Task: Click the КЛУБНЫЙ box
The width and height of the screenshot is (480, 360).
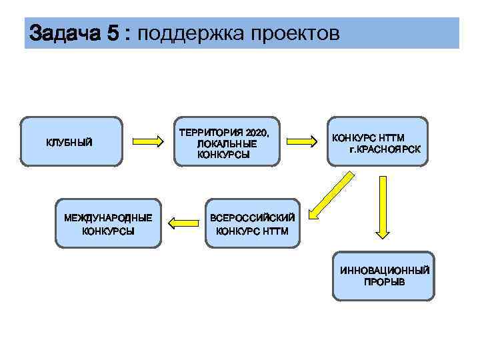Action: pyautogui.click(x=71, y=141)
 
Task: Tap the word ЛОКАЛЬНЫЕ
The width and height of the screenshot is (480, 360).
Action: pyautogui.click(x=227, y=143)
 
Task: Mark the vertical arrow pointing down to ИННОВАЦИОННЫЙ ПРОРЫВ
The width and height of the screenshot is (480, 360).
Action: pyautogui.click(x=382, y=207)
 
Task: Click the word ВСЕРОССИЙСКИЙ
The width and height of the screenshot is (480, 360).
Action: pyautogui.click(x=253, y=218)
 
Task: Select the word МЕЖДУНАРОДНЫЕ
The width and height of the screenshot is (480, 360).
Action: pyautogui.click(x=108, y=218)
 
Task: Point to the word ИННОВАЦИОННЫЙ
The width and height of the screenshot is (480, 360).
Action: pyautogui.click(x=384, y=271)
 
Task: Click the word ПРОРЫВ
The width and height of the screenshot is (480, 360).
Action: pyautogui.click(x=384, y=281)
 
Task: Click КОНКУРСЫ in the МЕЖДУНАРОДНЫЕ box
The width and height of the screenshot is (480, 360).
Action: pyautogui.click(x=108, y=231)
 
